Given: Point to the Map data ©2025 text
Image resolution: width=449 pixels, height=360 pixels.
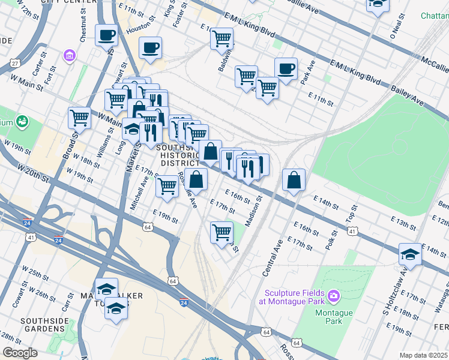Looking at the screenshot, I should pos(423,355).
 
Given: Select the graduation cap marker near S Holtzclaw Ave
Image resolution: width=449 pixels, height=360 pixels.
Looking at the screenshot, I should pos(410,254).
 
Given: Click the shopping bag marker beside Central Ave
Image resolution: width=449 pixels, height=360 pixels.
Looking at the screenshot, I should pos(294,180).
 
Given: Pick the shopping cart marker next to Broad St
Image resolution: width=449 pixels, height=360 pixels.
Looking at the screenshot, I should pos(79,118).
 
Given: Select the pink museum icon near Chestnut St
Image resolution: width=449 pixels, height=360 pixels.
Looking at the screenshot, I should pos(70,56).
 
